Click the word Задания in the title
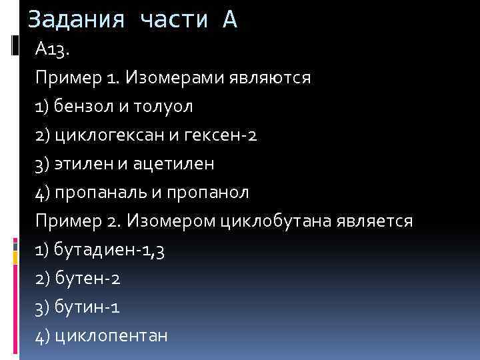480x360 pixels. (x=76, y=19)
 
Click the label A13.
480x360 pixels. (x=51, y=49)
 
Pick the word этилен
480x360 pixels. (x=79, y=163)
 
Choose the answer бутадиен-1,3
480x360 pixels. (x=109, y=250)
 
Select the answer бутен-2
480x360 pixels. (x=87, y=279)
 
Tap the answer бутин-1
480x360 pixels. (x=87, y=307)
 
